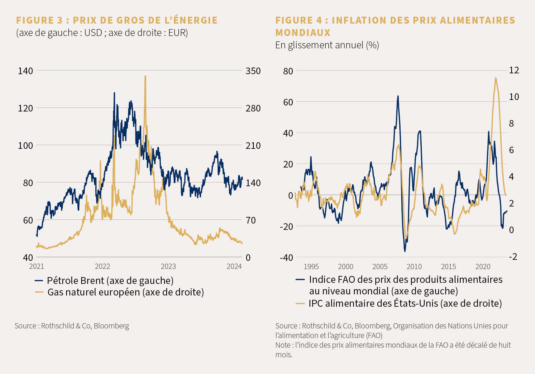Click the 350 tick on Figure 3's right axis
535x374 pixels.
point(253,71)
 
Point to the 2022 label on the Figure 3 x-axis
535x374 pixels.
point(102,266)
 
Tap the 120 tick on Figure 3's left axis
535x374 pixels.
point(25,108)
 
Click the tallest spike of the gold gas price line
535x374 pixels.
point(145,77)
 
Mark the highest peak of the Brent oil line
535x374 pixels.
point(114,93)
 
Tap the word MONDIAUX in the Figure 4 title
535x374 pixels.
point(303,33)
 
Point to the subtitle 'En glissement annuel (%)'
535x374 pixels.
point(327,45)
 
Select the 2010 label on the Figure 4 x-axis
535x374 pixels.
point(414,266)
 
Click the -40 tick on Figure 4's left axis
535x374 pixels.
point(286,258)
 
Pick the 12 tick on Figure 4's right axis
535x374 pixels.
point(514,70)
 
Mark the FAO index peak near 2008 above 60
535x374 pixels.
point(398,96)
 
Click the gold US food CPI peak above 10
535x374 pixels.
point(495,78)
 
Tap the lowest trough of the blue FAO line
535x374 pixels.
point(405,251)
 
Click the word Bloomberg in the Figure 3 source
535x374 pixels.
point(111,326)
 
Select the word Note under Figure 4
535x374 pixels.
point(283,345)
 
